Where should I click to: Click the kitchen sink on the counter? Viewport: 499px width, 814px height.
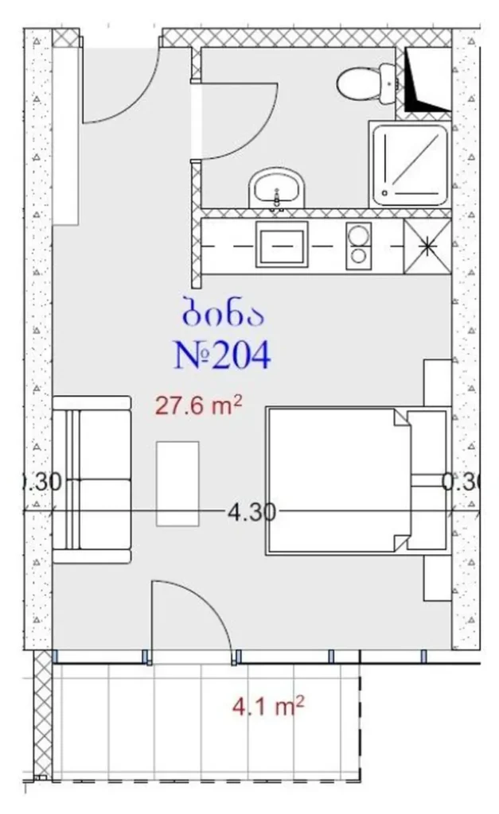click(x=281, y=244)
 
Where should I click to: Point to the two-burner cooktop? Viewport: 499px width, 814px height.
click(x=358, y=244)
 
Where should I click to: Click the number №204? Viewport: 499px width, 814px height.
click(x=222, y=355)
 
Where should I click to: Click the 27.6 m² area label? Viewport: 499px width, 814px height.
click(x=198, y=407)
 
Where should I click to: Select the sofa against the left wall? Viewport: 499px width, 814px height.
click(x=92, y=479)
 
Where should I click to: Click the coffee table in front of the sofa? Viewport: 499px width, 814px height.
click(x=177, y=483)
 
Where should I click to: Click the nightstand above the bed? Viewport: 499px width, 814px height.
click(x=437, y=385)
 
